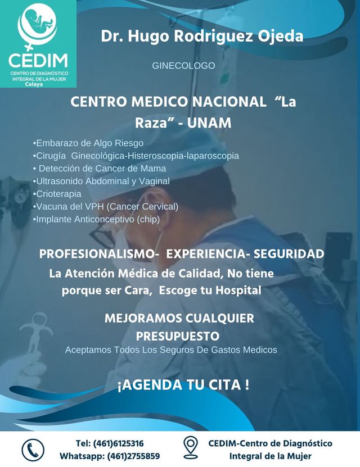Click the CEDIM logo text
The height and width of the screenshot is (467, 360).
[x=38, y=60]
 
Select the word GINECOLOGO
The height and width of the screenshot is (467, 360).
[x=183, y=66]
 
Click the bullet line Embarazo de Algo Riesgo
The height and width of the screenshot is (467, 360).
[x=88, y=143]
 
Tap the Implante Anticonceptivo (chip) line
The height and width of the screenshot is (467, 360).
[x=96, y=219]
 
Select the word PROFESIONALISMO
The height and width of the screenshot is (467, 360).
[x=99, y=255]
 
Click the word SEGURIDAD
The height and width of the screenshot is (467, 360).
[x=289, y=255]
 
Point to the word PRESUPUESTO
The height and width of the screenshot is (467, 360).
[x=177, y=336]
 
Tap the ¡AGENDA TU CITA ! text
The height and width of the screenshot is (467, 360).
[x=183, y=386]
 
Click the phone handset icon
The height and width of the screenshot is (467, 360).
[x=33, y=450]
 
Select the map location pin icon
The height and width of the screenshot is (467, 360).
[x=191, y=448]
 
